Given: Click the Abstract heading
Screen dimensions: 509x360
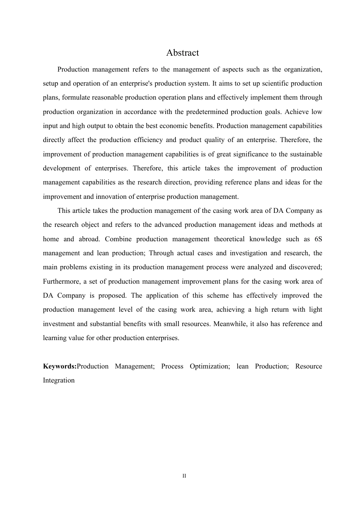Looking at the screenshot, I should (182, 53).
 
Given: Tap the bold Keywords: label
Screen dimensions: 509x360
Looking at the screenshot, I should (59, 366).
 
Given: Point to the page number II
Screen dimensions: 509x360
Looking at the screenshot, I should (184, 476).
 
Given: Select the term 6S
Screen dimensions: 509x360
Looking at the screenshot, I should (318, 239).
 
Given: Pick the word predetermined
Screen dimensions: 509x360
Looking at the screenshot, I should (207, 112).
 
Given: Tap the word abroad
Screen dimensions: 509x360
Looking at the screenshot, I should (88, 239).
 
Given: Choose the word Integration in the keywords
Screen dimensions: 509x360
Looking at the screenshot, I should (59, 380).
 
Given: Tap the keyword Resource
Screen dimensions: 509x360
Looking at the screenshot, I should (308, 366).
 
